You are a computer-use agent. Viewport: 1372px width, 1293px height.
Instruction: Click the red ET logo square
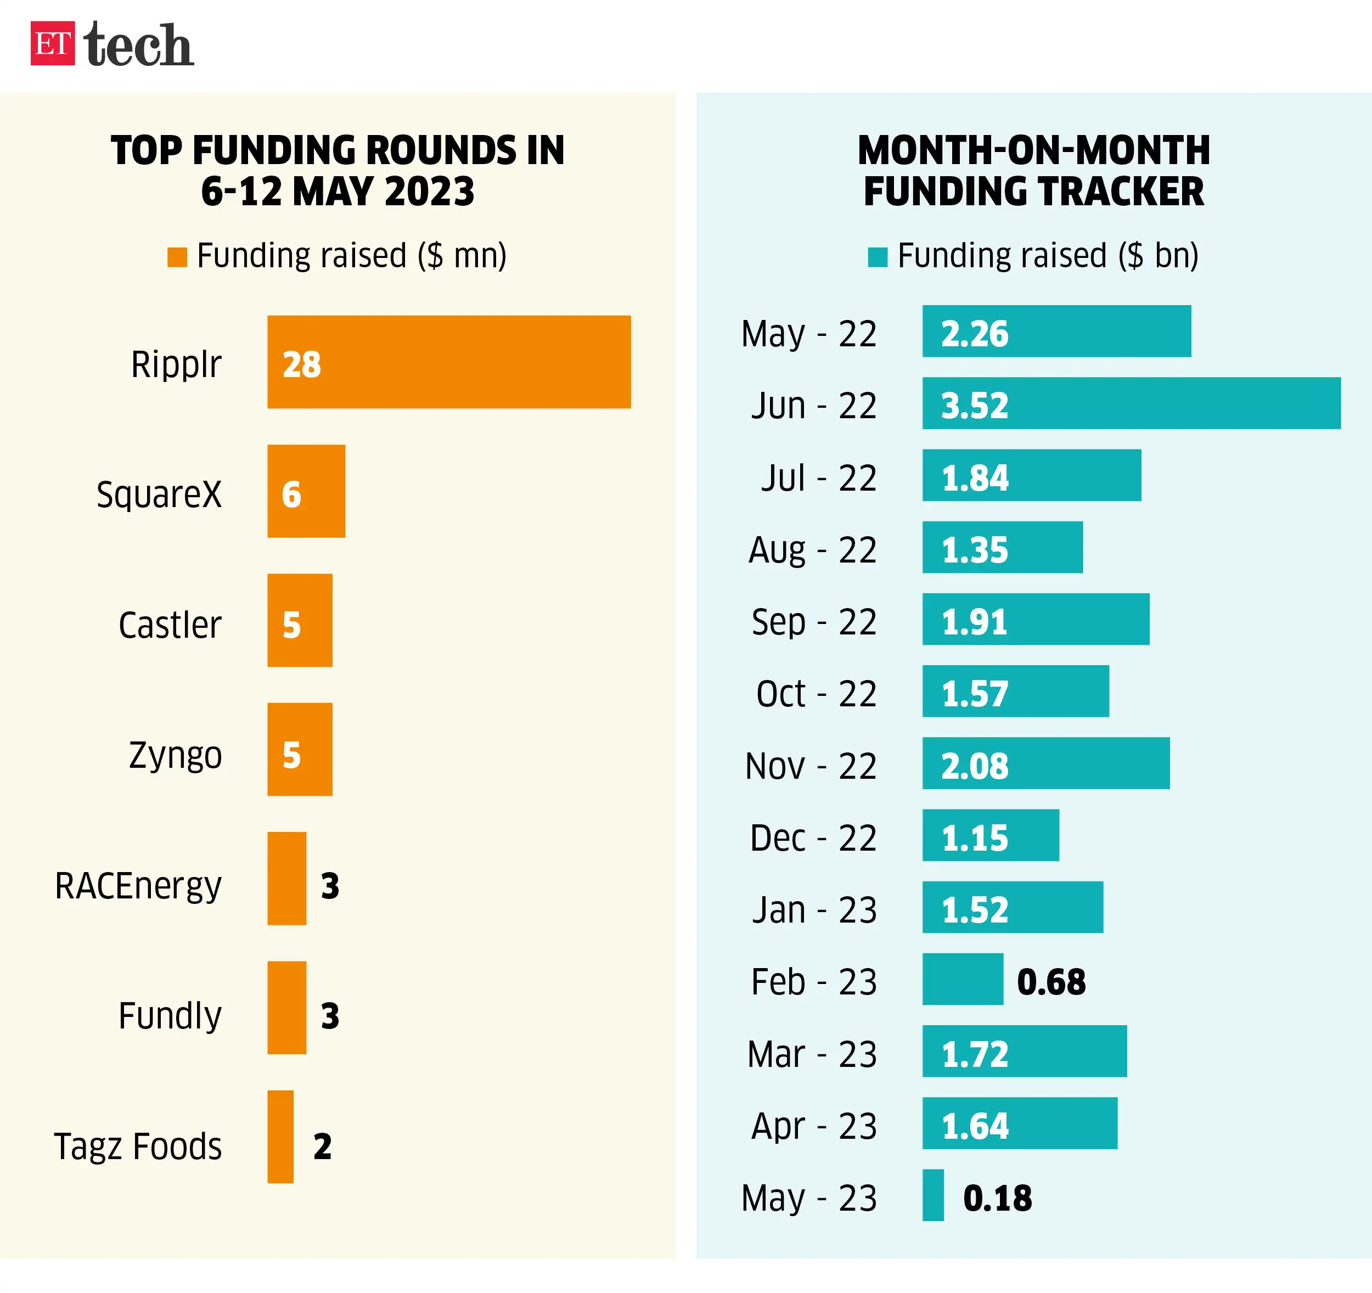(x=53, y=43)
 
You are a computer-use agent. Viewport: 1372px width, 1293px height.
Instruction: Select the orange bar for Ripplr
(x=448, y=362)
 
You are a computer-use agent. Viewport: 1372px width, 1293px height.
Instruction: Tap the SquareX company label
(x=159, y=494)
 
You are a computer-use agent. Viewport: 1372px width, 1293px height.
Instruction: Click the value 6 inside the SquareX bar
(x=291, y=494)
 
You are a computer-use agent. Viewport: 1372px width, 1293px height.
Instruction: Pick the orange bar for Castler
(x=300, y=620)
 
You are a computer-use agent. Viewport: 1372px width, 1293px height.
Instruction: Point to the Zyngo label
(x=175, y=755)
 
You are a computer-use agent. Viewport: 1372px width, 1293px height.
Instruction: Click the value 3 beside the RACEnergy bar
(x=330, y=886)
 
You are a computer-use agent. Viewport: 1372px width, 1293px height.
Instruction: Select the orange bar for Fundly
(x=286, y=1007)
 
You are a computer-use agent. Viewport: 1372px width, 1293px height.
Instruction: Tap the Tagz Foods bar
(x=280, y=1136)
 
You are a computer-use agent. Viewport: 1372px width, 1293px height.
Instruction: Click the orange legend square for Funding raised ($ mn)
(x=177, y=257)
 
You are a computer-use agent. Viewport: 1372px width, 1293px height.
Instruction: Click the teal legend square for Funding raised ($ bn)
(x=877, y=257)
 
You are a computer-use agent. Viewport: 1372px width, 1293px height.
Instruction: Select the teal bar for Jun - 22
(x=1131, y=403)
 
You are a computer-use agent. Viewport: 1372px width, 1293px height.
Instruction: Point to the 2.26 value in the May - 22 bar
(x=975, y=334)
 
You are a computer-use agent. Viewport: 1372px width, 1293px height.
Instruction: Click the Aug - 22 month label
(x=812, y=550)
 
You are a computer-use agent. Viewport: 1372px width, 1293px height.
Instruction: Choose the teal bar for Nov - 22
(x=1045, y=763)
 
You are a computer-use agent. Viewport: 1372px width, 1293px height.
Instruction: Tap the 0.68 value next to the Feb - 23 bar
(x=1051, y=982)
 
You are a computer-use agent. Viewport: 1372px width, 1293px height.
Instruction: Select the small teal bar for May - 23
(x=933, y=1195)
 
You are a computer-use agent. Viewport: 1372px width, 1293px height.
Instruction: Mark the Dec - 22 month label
(x=812, y=838)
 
